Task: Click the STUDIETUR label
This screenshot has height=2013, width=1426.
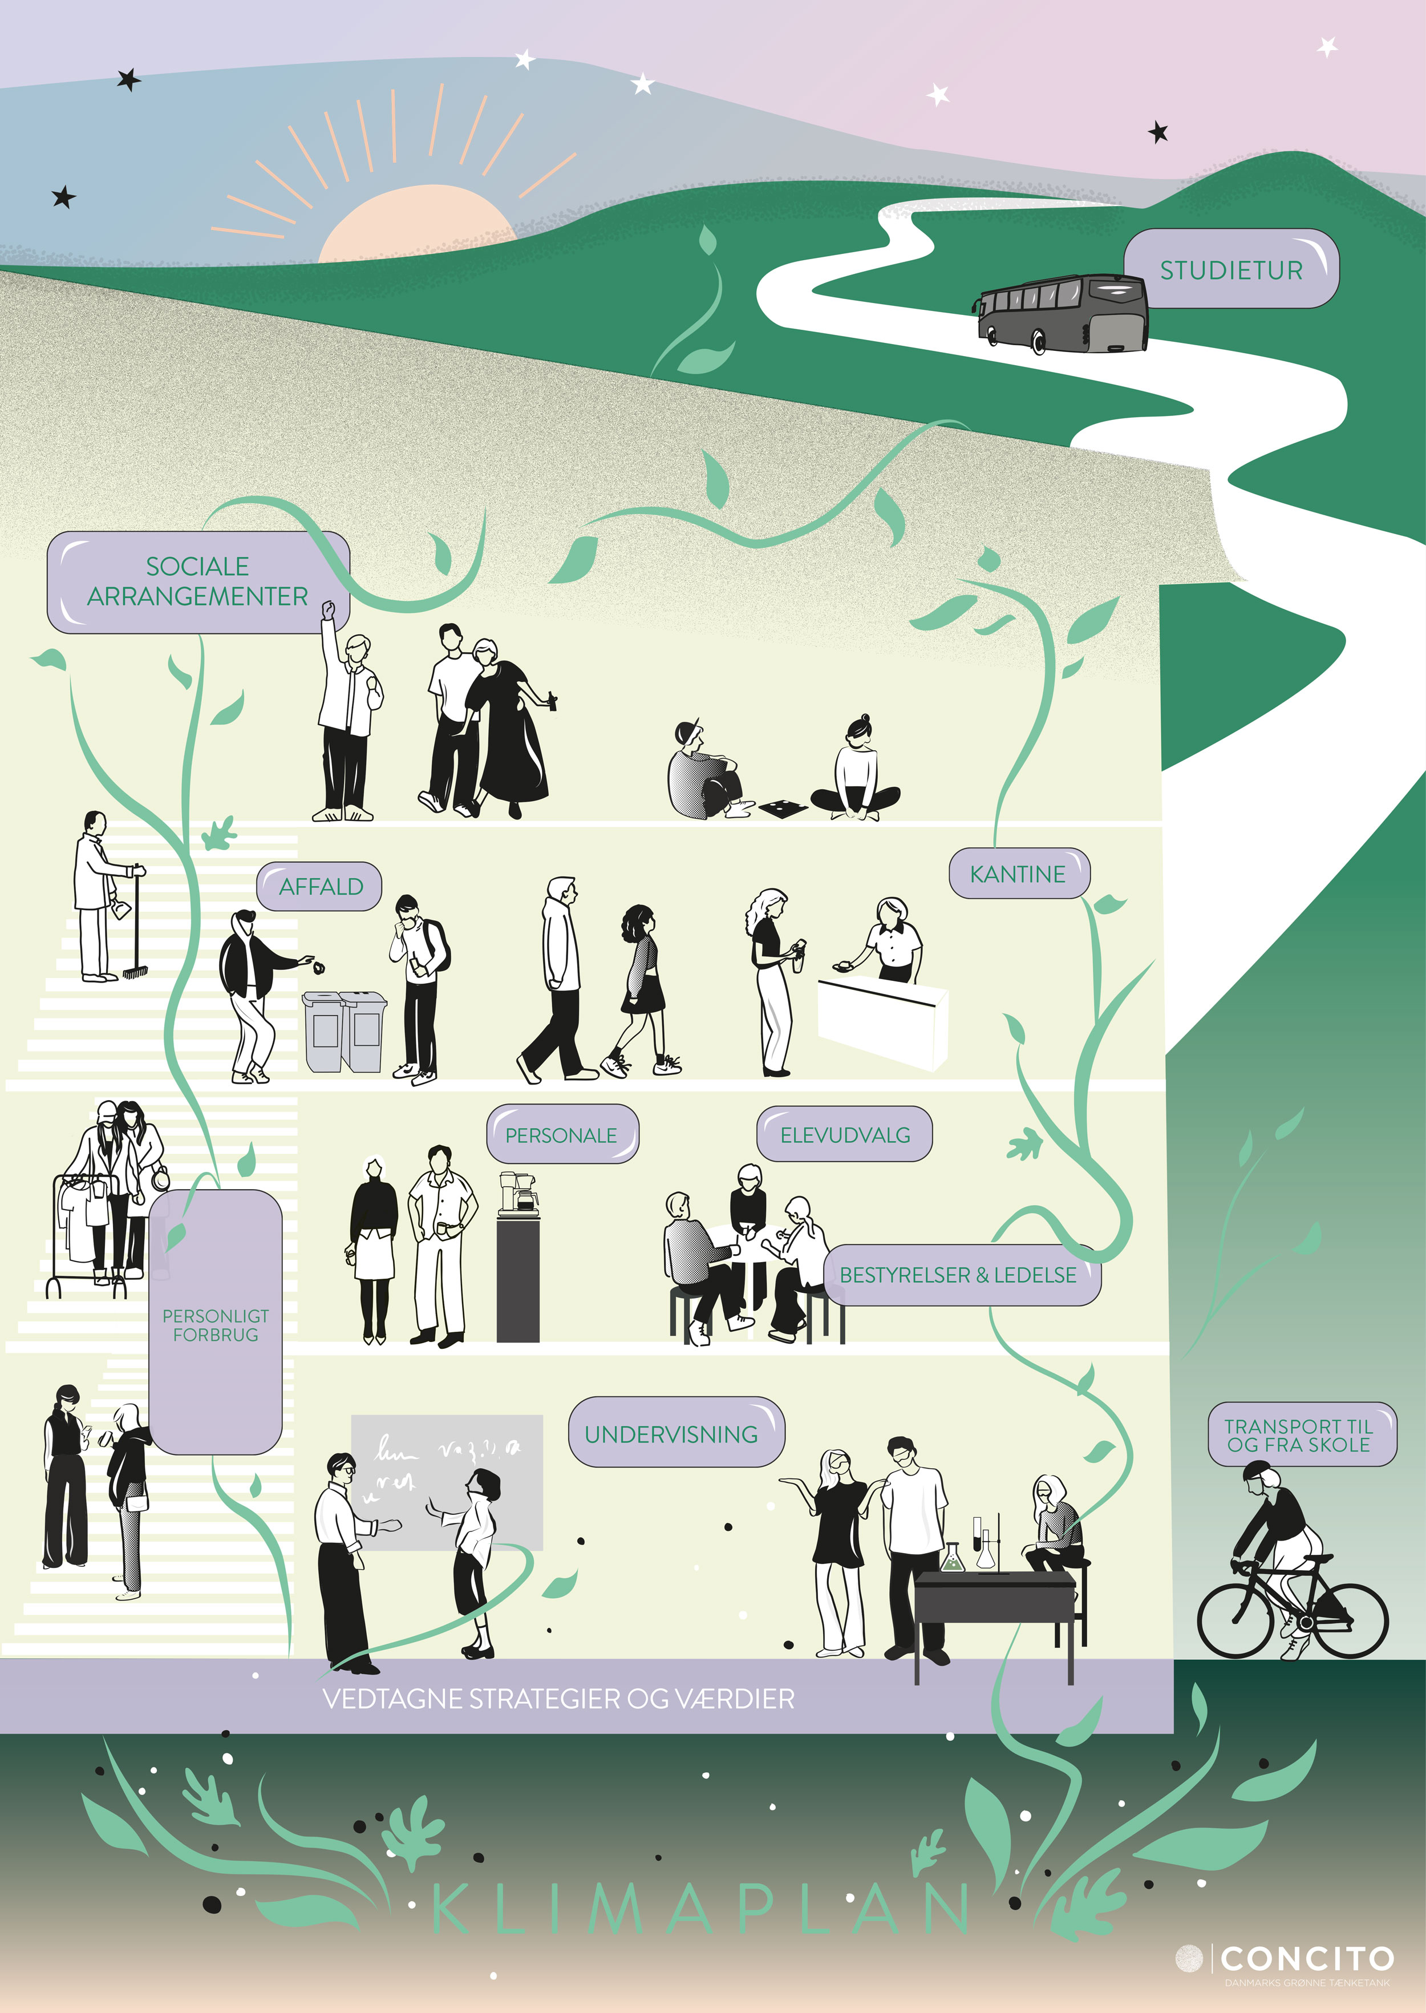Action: (1231, 270)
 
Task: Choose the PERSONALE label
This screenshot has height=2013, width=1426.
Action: (561, 1135)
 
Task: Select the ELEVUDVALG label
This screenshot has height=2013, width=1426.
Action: (845, 1135)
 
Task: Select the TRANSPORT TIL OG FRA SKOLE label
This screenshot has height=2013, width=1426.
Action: (1299, 1435)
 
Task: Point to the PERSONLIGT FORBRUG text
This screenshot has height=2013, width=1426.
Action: (216, 1324)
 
